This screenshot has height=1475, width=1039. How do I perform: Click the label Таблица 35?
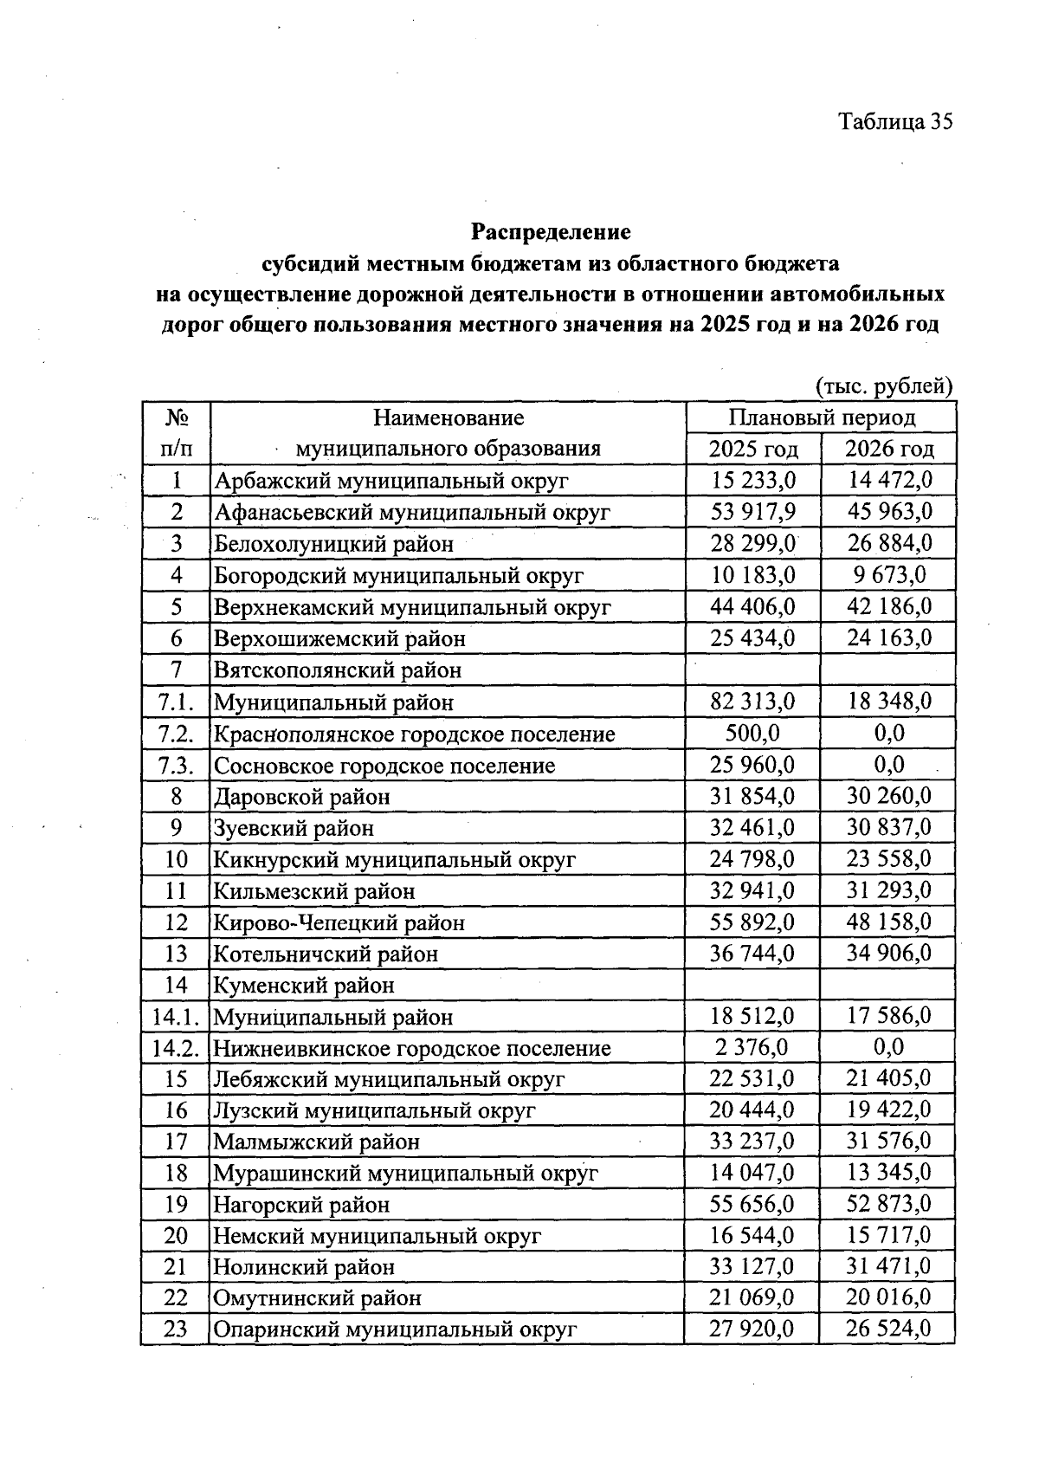pyautogui.click(x=894, y=121)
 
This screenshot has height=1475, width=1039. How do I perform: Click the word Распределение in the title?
pyautogui.click(x=551, y=232)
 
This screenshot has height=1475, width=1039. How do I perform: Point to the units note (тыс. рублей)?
pyautogui.click(x=884, y=385)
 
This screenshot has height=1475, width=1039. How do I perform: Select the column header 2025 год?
pyautogui.click(x=752, y=449)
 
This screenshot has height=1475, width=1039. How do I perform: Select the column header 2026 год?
pyautogui.click(x=888, y=449)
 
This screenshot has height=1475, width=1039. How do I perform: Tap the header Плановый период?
pyautogui.click(x=821, y=417)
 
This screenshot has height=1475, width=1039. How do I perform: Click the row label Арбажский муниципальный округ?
pyautogui.click(x=390, y=480)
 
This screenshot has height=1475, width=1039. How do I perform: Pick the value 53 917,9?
pyautogui.click(x=752, y=511)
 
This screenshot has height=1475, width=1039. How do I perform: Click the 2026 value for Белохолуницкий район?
pyautogui.click(x=888, y=543)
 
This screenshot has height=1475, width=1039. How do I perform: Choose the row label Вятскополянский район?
pyautogui.click(x=338, y=670)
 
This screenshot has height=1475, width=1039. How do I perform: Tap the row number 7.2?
pyautogui.click(x=175, y=734)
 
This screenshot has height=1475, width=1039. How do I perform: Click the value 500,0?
pyautogui.click(x=752, y=733)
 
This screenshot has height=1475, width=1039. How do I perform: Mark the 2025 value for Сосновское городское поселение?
pyautogui.click(x=752, y=765)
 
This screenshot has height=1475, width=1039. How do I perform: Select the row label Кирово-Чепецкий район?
pyautogui.click(x=339, y=922)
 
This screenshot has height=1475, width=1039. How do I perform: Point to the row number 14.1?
pyautogui.click(x=175, y=1017)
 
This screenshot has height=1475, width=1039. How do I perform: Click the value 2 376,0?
pyautogui.click(x=752, y=1047)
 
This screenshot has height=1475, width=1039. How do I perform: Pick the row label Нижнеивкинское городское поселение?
pyautogui.click(x=412, y=1048)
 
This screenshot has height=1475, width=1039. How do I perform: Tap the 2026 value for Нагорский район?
pyautogui.click(x=888, y=1204)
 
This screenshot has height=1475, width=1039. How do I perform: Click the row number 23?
pyautogui.click(x=175, y=1329)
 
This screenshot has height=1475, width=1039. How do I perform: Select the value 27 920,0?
pyautogui.click(x=752, y=1329)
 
